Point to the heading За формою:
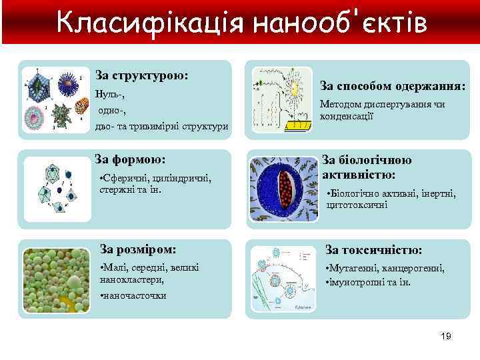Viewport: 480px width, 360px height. coord(130,159)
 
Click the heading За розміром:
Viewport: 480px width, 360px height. coord(138,249)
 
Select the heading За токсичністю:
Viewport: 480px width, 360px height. coord(373,249)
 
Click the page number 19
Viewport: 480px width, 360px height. coord(446,336)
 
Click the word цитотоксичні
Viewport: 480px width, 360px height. coord(357,205)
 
